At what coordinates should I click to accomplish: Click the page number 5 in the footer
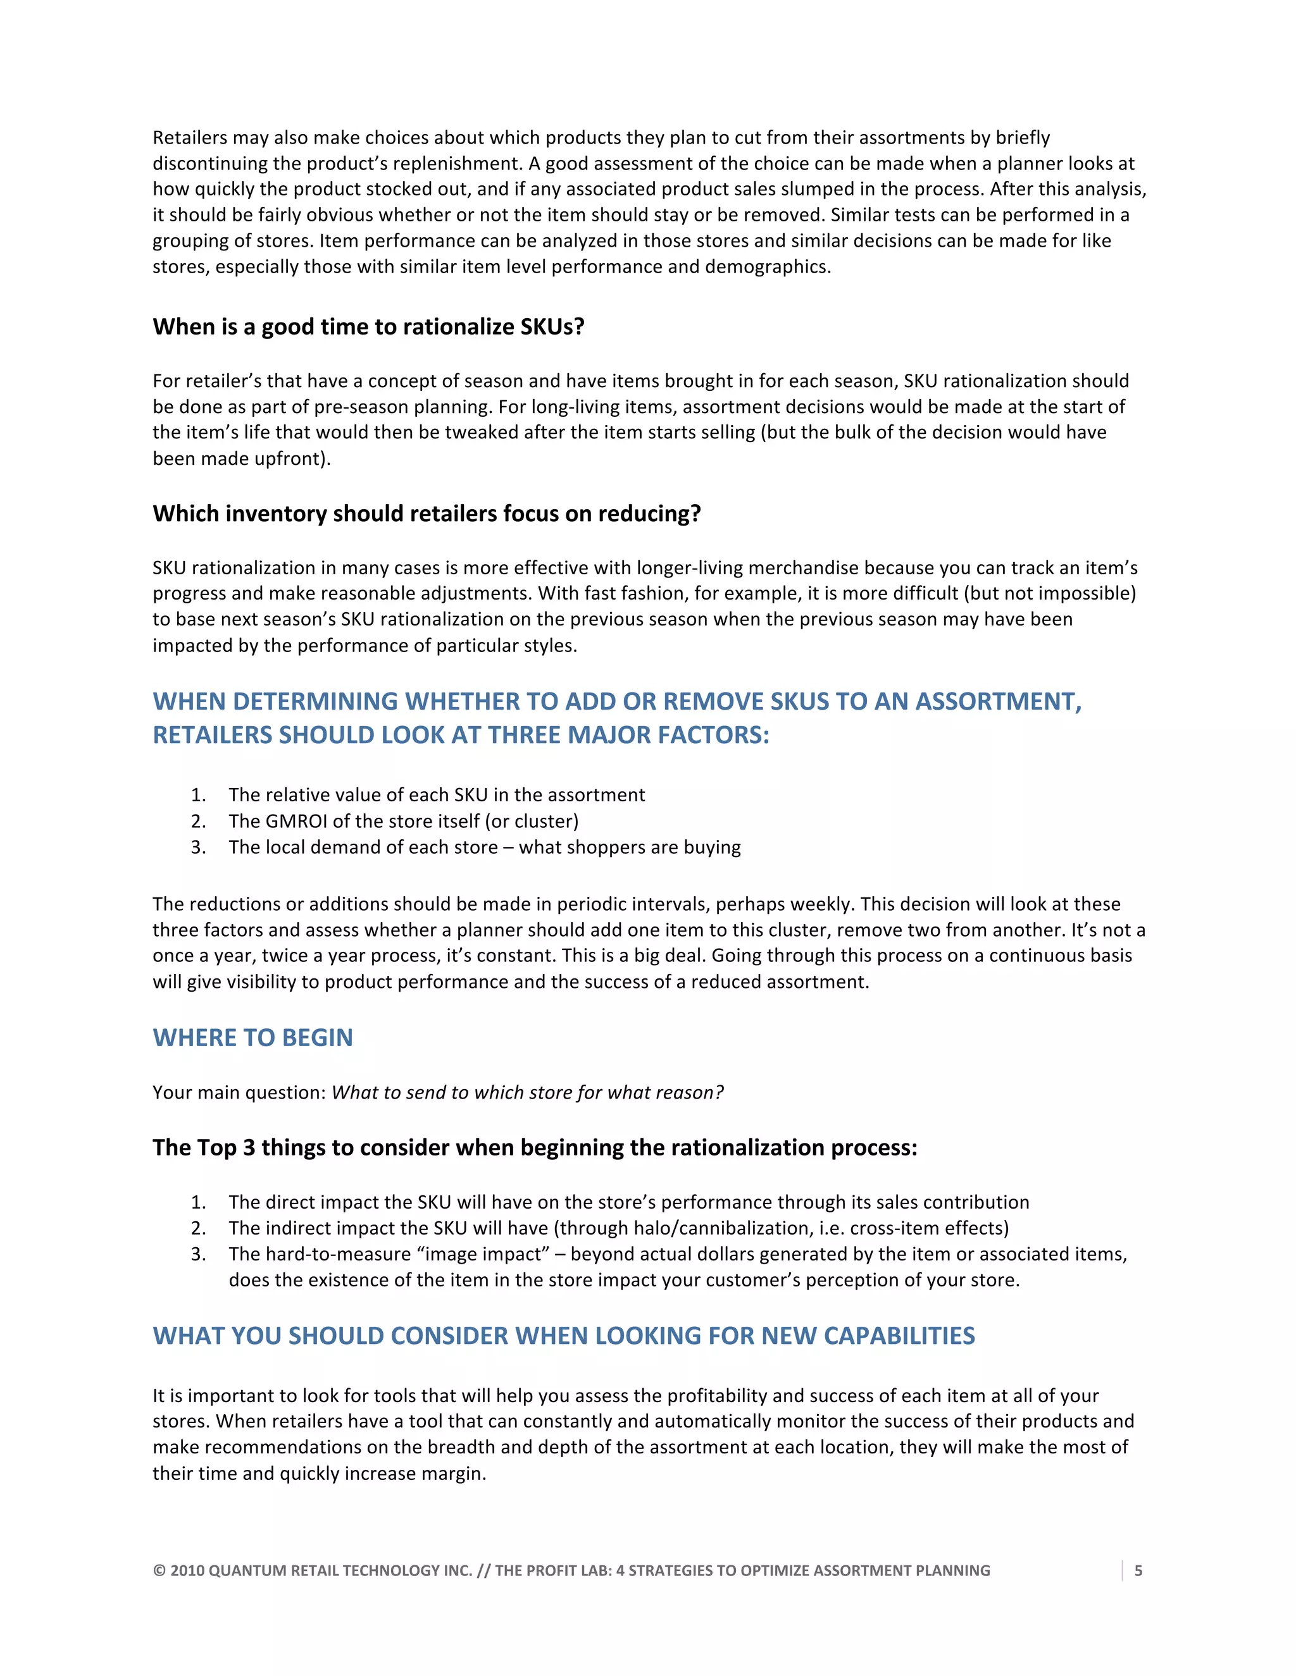pos(1138,1571)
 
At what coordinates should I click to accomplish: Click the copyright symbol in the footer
pos(159,1571)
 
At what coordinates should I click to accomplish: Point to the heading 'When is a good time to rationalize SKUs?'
pos(368,327)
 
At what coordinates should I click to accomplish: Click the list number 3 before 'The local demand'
pos(198,847)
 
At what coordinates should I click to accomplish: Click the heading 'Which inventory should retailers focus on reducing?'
pos(427,514)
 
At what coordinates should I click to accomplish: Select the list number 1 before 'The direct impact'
pos(198,1202)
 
